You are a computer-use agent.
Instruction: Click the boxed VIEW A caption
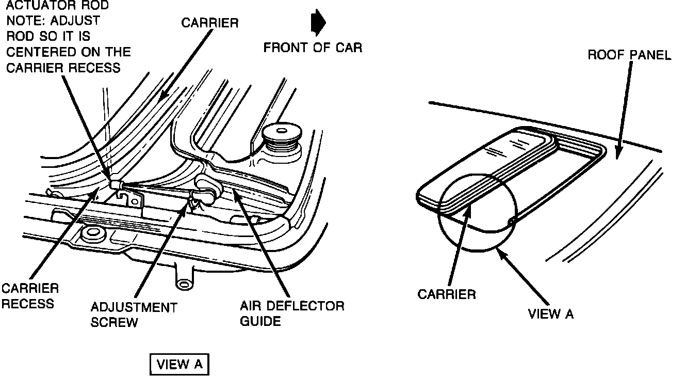(x=180, y=364)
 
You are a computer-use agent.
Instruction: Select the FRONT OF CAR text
(x=313, y=48)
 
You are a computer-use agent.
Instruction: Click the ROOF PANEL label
(x=629, y=55)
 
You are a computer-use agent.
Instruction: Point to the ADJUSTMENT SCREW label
(x=134, y=315)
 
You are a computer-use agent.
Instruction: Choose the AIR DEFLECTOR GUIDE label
(x=291, y=313)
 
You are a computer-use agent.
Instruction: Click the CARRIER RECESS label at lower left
(x=30, y=295)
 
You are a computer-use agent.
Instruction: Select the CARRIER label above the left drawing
(x=209, y=24)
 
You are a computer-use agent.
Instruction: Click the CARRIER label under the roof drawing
(x=446, y=294)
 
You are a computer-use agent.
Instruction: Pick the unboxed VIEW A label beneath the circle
(x=550, y=314)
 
